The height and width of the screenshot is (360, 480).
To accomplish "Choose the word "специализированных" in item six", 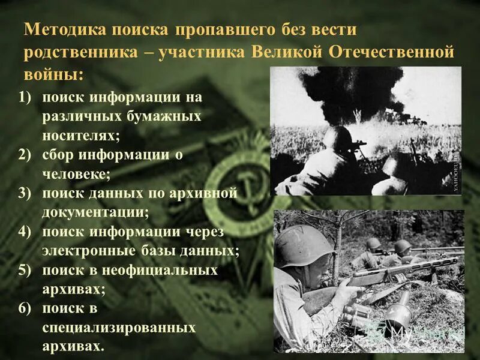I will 119,328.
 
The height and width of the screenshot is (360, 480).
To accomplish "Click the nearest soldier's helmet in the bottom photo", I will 303,246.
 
